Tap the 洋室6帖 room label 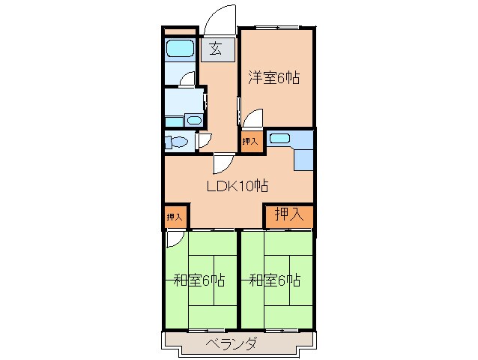tap(274, 77)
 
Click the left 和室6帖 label tap(199, 280)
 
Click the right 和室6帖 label tap(274, 280)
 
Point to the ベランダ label tap(232, 344)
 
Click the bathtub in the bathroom tap(180, 49)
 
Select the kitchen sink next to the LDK tap(279, 139)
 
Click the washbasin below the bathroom tap(193, 120)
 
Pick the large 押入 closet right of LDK tap(288, 214)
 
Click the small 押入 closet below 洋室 tap(250, 141)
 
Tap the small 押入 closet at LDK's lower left tap(174, 217)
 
